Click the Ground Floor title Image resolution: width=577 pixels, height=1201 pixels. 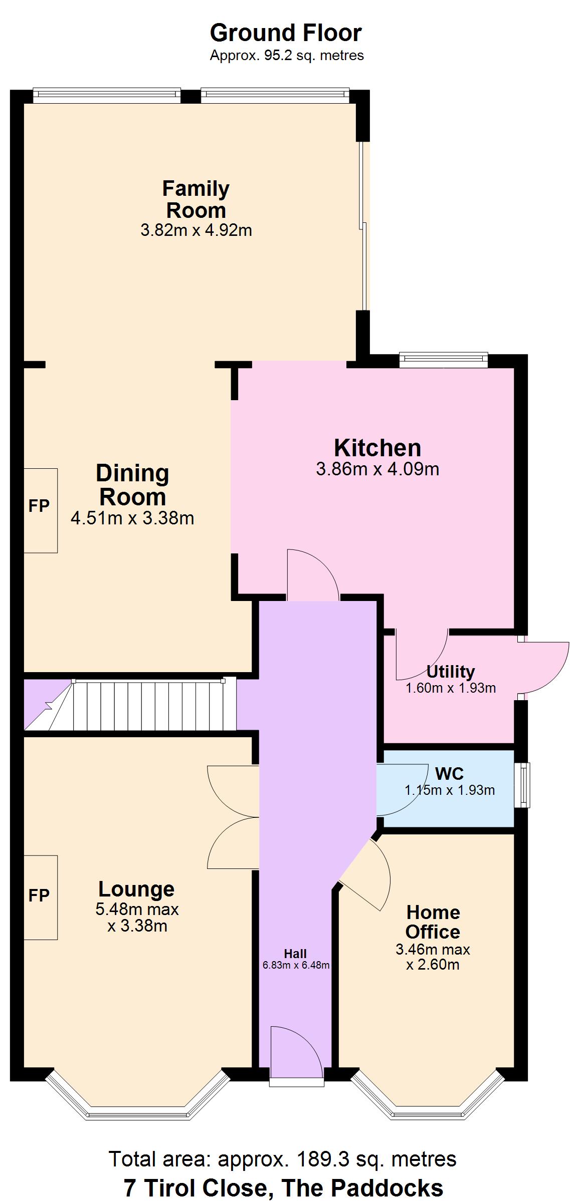pyautogui.click(x=285, y=33)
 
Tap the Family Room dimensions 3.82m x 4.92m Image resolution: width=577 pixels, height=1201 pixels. pyautogui.click(x=196, y=230)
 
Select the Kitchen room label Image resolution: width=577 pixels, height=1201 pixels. pyautogui.click(x=377, y=447)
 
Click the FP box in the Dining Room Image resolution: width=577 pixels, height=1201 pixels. pyautogui.click(x=41, y=510)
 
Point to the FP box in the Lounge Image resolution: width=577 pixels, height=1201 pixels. pyautogui.click(x=41, y=896)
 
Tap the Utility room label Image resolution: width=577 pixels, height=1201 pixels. pyautogui.click(x=450, y=672)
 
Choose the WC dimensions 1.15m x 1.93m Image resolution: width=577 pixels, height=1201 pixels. pyautogui.click(x=449, y=790)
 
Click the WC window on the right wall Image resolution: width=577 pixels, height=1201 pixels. pyautogui.click(x=522, y=785)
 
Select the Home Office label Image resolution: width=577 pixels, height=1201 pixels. pyautogui.click(x=433, y=922)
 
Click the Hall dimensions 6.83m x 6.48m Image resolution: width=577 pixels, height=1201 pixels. pyautogui.click(x=296, y=965)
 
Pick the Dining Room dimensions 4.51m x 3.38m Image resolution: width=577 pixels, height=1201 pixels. pyautogui.click(x=132, y=518)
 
